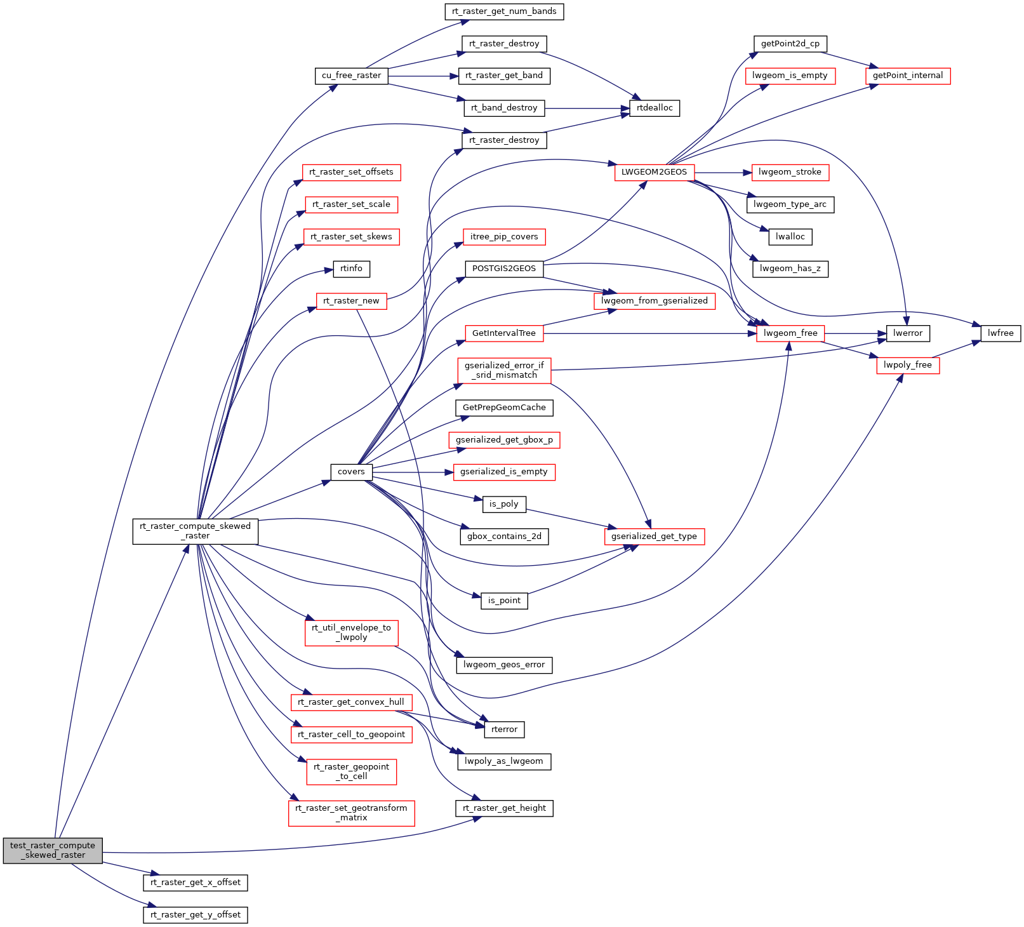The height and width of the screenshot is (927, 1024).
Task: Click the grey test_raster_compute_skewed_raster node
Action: pos(53,850)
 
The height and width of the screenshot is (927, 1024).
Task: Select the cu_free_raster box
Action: pos(351,76)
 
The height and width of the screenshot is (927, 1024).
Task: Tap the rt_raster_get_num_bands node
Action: pos(504,11)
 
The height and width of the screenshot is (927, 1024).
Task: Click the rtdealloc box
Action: pos(655,108)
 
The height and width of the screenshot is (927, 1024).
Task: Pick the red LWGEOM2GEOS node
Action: pos(654,172)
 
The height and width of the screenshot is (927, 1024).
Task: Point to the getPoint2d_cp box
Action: pos(790,44)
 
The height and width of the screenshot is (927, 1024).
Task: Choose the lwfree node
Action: pos(1001,333)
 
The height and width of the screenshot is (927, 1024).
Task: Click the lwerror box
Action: pos(907,333)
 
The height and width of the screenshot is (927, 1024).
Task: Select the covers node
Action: pos(351,472)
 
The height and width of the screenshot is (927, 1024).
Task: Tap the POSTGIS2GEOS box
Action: pos(504,269)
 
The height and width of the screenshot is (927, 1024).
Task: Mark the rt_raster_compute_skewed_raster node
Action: pos(195,531)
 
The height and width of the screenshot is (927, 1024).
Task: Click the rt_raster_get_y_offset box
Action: pos(195,915)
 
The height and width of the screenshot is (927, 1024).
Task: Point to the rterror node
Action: pos(504,730)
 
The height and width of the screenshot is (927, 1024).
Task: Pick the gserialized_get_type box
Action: pos(654,537)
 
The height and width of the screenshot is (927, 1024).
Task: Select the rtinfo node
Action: pos(351,269)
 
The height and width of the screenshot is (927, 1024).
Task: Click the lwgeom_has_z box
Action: pos(790,269)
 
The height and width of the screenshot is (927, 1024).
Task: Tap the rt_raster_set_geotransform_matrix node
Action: pos(351,813)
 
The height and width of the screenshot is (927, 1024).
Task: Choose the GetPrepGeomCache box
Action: pos(504,408)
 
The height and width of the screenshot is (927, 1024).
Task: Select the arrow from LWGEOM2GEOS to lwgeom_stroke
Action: pos(723,172)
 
